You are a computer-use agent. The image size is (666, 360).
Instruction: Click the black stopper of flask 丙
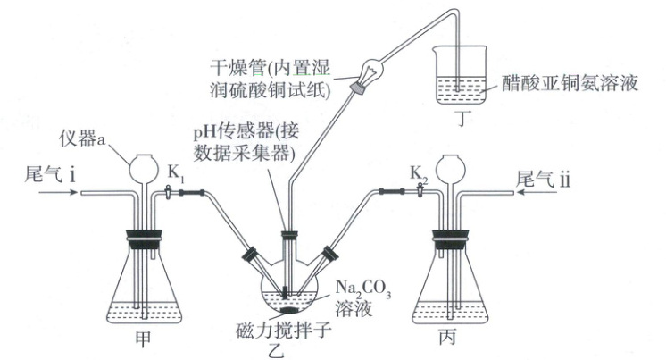click(452, 239)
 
